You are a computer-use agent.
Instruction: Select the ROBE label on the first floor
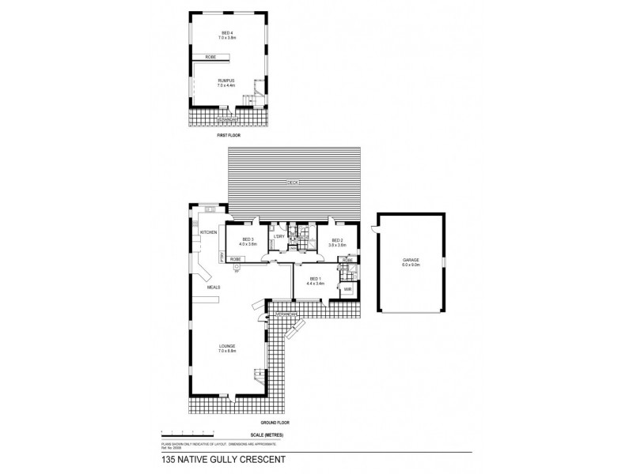point(211,58)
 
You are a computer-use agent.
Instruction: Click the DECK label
point(293,182)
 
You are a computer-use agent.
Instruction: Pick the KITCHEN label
point(208,232)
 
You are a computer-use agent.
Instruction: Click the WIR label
point(347,290)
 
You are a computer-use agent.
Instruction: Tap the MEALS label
point(213,288)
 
